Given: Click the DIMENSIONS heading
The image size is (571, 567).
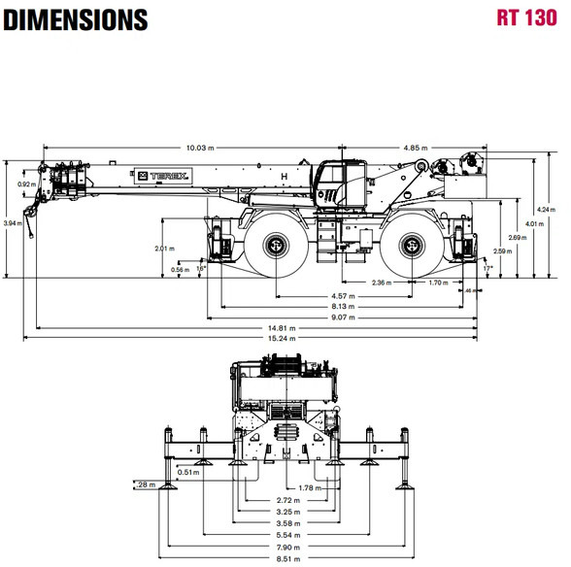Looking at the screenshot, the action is [76, 19].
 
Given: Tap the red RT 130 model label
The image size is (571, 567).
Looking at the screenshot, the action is [527, 17].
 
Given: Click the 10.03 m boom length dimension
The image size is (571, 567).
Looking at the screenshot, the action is [200, 148].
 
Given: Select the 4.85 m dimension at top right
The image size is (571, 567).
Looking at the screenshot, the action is [416, 148].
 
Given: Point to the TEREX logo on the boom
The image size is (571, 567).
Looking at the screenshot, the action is [163, 177].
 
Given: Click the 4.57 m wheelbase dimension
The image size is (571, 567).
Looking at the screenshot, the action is [343, 296].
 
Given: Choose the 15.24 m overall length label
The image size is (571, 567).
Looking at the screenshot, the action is [282, 338].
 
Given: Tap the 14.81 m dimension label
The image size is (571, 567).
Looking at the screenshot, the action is [282, 328].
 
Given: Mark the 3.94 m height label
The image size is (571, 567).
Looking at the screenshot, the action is [13, 223].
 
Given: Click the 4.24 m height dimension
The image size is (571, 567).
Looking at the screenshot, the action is [546, 210].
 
